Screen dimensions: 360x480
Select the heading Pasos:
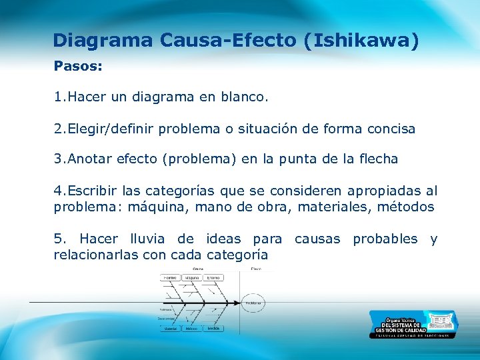[77, 67]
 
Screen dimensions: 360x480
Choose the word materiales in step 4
[334, 207]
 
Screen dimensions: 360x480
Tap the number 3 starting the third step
[58, 159]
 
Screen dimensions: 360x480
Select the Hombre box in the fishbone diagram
[170, 277]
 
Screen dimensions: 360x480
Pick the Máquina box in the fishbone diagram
[193, 277]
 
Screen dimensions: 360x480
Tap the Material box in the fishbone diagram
[171, 329]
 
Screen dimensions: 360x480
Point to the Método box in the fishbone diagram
[192, 329]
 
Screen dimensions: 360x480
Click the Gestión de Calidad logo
[413, 324]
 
